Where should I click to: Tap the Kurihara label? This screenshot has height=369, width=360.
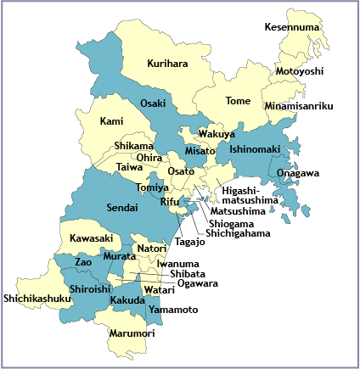[x=167, y=64]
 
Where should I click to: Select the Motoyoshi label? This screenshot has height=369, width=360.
[x=300, y=71]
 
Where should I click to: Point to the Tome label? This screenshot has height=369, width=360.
[x=238, y=101]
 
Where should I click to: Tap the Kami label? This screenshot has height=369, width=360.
[x=112, y=122]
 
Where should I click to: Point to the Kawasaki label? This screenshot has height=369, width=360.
[x=91, y=238]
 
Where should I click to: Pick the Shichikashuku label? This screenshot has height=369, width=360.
[x=37, y=298]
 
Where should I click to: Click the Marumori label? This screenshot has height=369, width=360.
[x=132, y=333]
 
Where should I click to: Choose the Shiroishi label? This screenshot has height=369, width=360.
[x=90, y=288]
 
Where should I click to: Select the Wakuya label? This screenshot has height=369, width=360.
[x=217, y=134]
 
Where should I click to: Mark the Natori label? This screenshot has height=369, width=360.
[x=152, y=249]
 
